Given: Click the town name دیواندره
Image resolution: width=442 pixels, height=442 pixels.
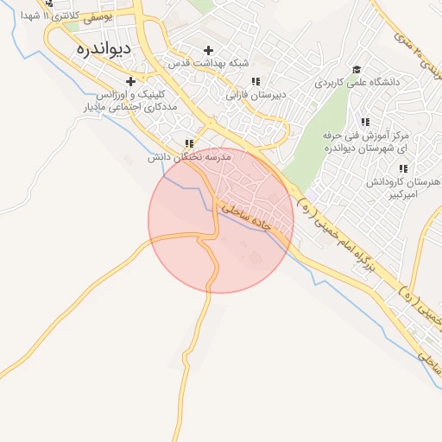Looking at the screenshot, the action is pyautogui.click(x=103, y=48).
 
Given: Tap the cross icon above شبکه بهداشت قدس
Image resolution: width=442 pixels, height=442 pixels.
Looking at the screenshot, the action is pyautogui.click(x=209, y=50).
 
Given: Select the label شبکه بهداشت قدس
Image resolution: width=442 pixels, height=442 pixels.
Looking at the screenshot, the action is pyautogui.click(x=211, y=64).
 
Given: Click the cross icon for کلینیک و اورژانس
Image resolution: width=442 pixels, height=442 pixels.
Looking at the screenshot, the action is pyautogui.click(x=130, y=81).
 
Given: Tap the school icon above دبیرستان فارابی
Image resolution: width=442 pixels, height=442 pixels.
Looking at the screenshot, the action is pyautogui.click(x=255, y=81).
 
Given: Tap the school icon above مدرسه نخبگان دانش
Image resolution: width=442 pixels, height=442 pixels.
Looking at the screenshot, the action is pyautogui.click(x=189, y=144).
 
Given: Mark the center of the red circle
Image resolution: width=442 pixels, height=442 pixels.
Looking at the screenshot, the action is pyautogui.click(x=221, y=221).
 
